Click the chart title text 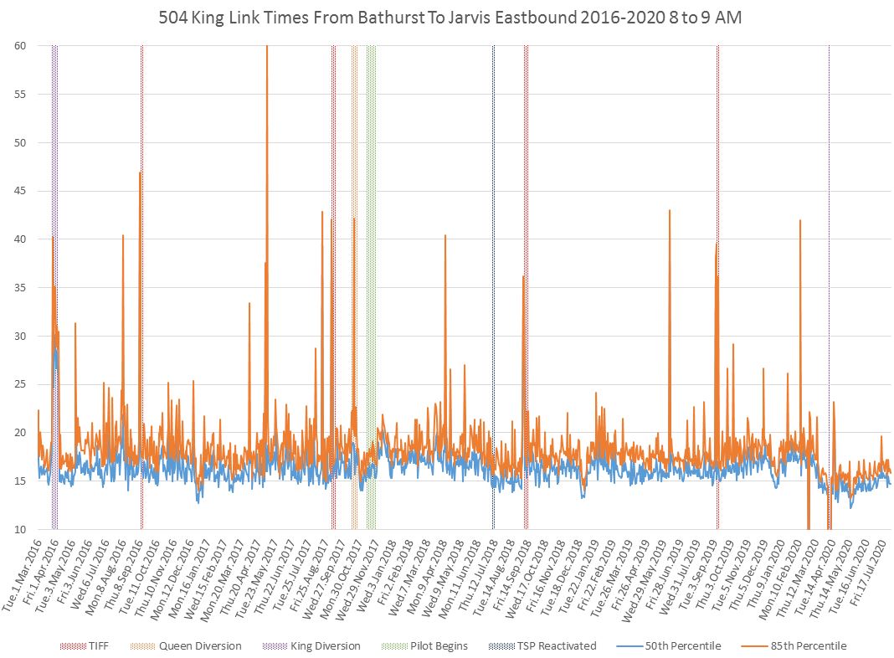447,18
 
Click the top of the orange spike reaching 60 267,47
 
